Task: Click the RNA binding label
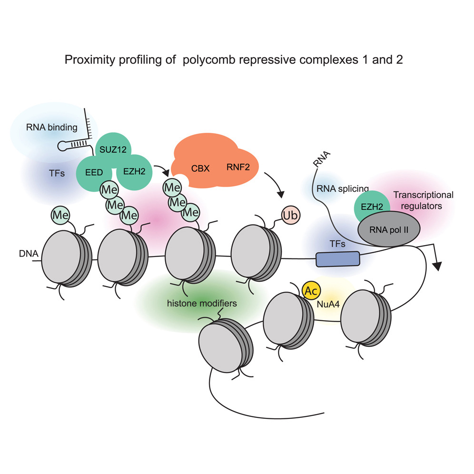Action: click(x=52, y=127)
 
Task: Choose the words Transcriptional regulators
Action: click(x=423, y=200)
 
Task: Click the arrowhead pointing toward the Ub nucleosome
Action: click(x=281, y=194)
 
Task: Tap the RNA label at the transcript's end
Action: click(x=321, y=159)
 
